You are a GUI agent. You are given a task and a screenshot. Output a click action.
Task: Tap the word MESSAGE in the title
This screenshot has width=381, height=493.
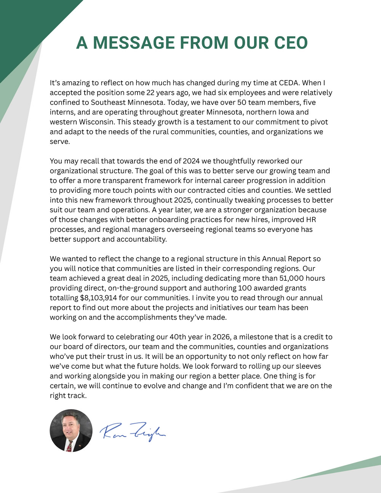[140, 43]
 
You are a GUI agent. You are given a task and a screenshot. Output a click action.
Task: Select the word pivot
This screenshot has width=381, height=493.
[318, 122]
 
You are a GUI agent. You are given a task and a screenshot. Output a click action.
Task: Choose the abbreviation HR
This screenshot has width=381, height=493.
[311, 220]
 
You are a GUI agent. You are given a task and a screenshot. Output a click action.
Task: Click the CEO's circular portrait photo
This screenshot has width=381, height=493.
[71, 431]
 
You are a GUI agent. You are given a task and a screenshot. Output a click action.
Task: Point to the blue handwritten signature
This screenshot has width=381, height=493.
[133, 432]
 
